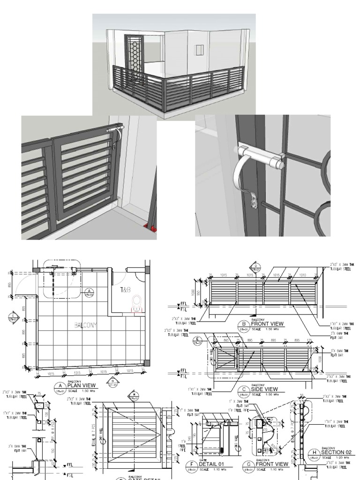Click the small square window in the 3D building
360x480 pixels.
(x=200, y=51)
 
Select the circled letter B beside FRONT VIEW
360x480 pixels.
(x=243, y=324)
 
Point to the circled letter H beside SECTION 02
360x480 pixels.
(x=314, y=453)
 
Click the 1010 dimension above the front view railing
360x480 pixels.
(x=302, y=277)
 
